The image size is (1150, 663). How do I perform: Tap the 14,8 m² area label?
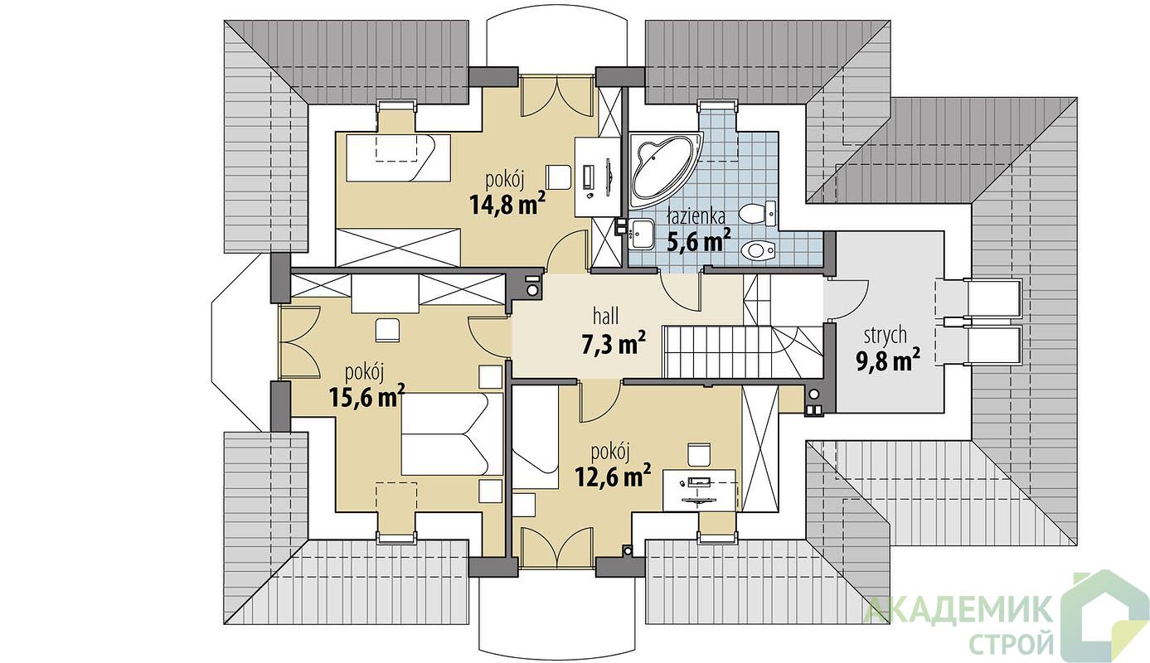(x=507, y=204)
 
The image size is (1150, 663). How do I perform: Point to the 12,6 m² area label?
(x=613, y=476)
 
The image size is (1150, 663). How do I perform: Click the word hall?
(x=606, y=317)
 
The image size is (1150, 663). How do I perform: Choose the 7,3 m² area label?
(x=613, y=344)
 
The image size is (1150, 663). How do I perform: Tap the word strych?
(x=885, y=336)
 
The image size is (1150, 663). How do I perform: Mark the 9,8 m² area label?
(x=887, y=361)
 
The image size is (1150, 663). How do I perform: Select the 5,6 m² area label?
(x=698, y=240)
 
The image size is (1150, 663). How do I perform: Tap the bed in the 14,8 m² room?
(x=393, y=158)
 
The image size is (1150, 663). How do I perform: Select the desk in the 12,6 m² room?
(x=699, y=490)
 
